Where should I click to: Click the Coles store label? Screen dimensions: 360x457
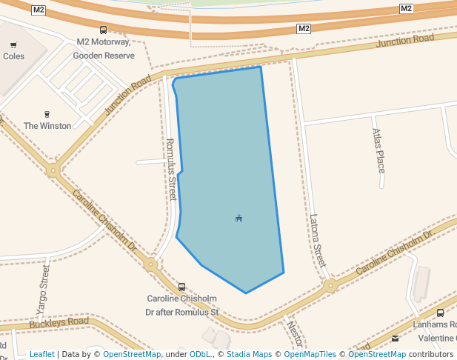click(x=13, y=56)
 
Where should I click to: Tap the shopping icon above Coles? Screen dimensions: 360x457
click(x=13, y=45)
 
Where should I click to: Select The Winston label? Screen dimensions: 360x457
click(x=47, y=126)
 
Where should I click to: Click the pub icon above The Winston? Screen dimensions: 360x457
click(x=47, y=114)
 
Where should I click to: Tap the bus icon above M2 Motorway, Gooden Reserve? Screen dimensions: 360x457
click(x=103, y=30)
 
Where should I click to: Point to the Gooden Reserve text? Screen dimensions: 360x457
click(x=104, y=56)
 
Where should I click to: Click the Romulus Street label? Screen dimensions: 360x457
click(x=171, y=169)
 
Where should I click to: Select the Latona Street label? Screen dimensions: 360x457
click(x=318, y=241)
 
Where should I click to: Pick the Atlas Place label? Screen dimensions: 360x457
click(x=378, y=150)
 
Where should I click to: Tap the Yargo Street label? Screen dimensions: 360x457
click(x=43, y=291)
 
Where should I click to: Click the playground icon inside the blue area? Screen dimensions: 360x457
click(x=238, y=218)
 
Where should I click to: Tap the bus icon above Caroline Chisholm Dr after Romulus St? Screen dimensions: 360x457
click(x=182, y=287)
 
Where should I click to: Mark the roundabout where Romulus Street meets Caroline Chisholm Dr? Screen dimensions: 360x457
click(x=151, y=264)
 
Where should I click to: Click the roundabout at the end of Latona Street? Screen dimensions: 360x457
click(x=330, y=285)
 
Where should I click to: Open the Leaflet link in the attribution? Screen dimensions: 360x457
click(x=42, y=354)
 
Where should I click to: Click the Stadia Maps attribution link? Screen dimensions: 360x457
click(x=249, y=354)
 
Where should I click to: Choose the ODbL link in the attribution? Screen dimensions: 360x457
click(x=201, y=354)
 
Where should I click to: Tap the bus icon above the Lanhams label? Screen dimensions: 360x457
click(x=441, y=313)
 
